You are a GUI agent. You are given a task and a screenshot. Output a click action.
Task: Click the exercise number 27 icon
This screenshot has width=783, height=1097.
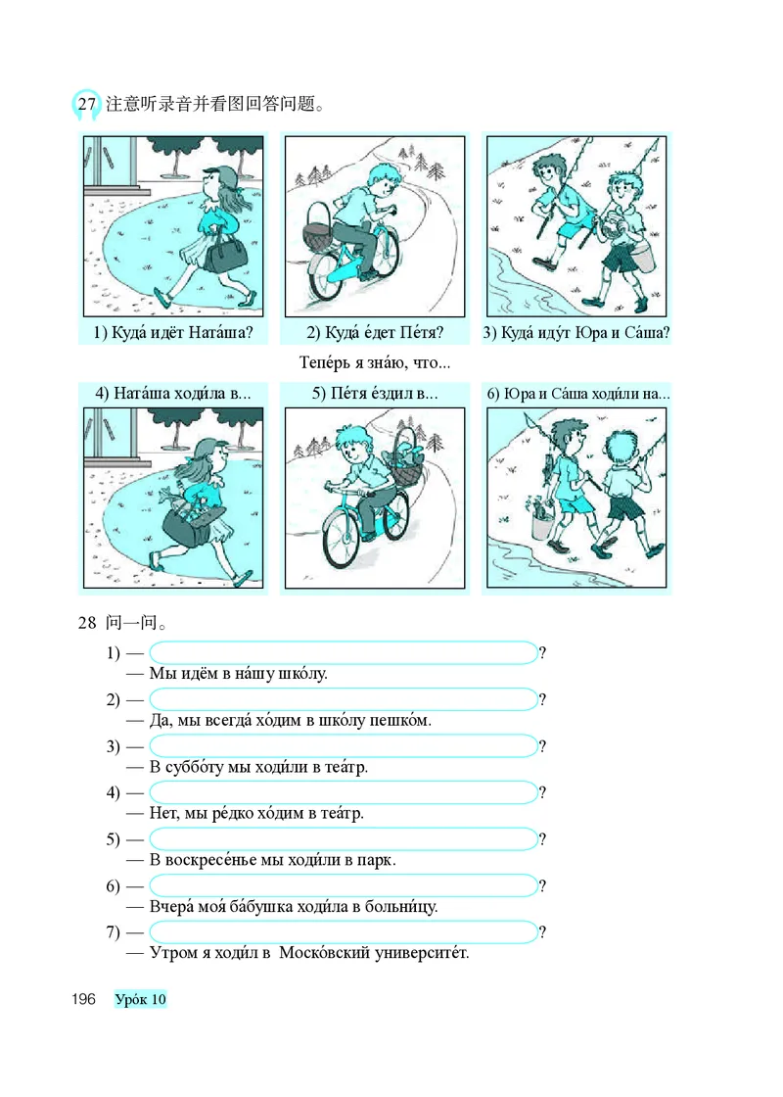pos(86,105)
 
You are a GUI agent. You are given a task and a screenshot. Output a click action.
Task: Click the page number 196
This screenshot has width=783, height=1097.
pos(83,998)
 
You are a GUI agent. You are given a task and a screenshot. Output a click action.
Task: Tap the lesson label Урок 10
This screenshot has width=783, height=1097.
pos(141,999)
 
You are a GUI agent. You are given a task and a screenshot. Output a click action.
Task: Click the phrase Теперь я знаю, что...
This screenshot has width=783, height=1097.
pos(375,362)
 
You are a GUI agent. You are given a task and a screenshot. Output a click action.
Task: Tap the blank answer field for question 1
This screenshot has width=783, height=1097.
pos(344,652)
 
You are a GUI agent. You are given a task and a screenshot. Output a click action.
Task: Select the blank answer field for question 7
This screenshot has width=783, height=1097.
pos(344,931)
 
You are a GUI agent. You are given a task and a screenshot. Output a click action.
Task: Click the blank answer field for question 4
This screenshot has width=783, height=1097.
pos(344,792)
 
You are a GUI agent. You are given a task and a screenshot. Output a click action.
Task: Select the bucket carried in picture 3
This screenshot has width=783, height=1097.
pos(643,256)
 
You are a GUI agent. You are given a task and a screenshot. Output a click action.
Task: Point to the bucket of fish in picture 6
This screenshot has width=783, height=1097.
pos(542,519)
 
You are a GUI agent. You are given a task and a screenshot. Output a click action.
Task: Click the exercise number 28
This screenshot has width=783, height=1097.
pos(87,622)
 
